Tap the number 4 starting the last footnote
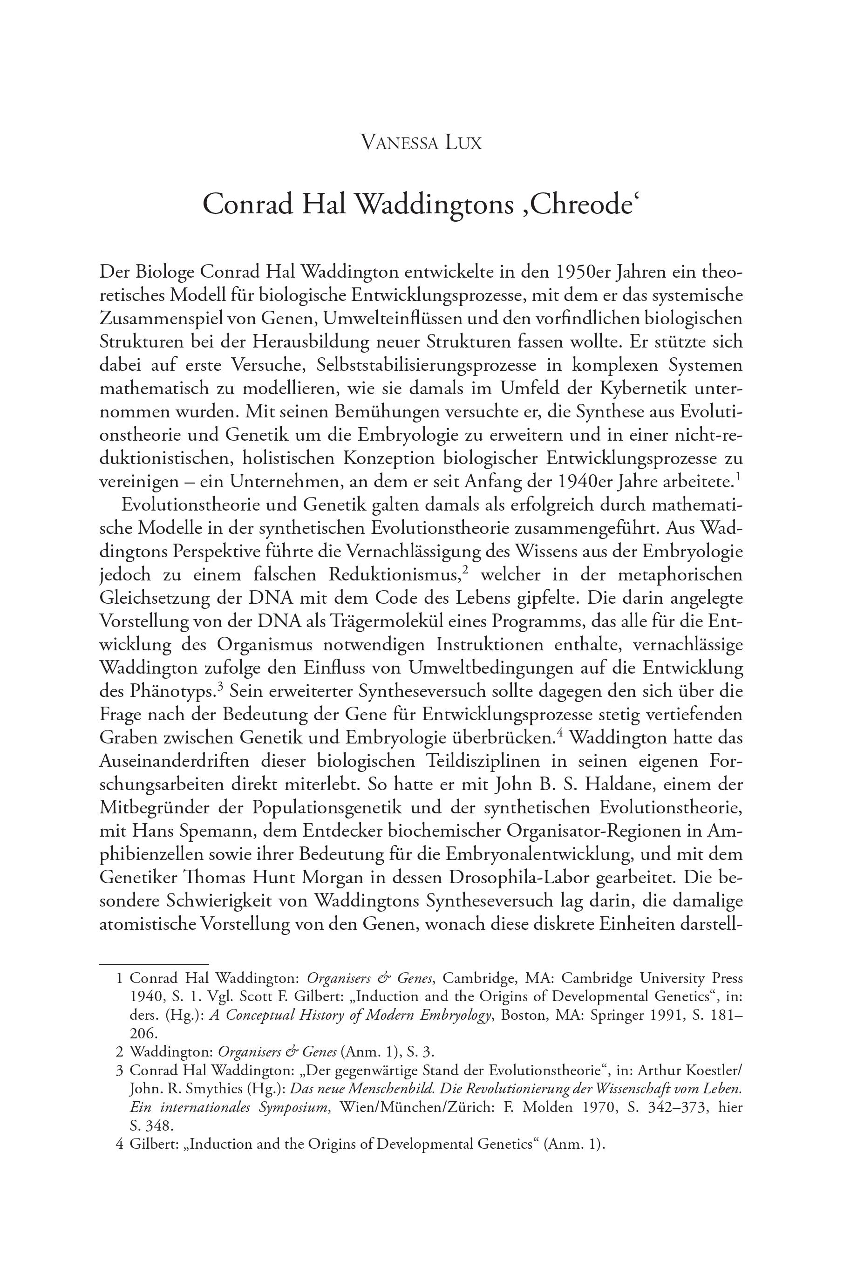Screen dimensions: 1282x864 pyautogui.click(x=119, y=1144)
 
